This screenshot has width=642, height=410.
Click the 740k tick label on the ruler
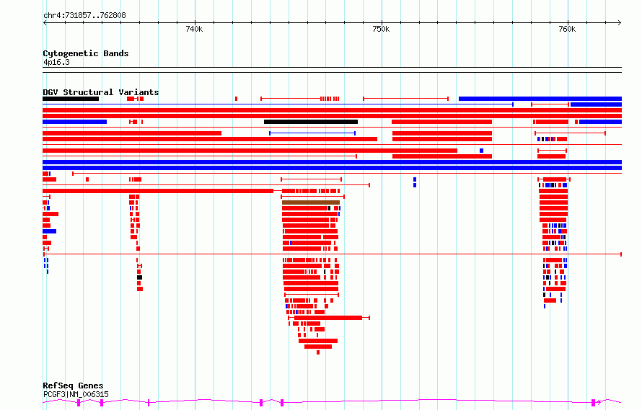click(x=194, y=29)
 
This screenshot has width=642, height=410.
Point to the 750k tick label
click(x=381, y=29)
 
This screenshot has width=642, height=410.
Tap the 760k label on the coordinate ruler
click(x=567, y=29)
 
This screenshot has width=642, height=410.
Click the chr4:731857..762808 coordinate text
click(x=84, y=15)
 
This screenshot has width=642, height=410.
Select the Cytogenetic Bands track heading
click(x=86, y=53)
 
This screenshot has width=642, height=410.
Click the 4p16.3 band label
click(x=56, y=62)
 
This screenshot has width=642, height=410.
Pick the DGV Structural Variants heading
click(x=101, y=92)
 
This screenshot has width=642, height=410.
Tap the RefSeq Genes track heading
click(x=73, y=386)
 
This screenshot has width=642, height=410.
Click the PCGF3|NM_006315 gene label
click(x=76, y=394)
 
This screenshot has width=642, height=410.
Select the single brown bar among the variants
click(x=311, y=202)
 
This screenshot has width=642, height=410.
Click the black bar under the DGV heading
click(x=71, y=99)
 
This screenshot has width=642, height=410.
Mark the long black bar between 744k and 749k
click(x=311, y=122)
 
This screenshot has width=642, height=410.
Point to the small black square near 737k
click(x=140, y=277)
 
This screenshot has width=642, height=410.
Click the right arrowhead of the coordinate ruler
click(x=620, y=22)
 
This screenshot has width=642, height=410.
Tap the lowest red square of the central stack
click(x=318, y=352)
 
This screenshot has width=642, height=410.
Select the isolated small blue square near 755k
click(x=482, y=151)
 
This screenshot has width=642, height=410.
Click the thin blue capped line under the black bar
click(x=312, y=133)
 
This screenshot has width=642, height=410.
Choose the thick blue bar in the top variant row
click(x=540, y=99)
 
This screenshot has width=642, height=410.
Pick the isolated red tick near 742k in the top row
click(x=237, y=99)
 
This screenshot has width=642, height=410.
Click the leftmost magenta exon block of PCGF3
click(x=79, y=403)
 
